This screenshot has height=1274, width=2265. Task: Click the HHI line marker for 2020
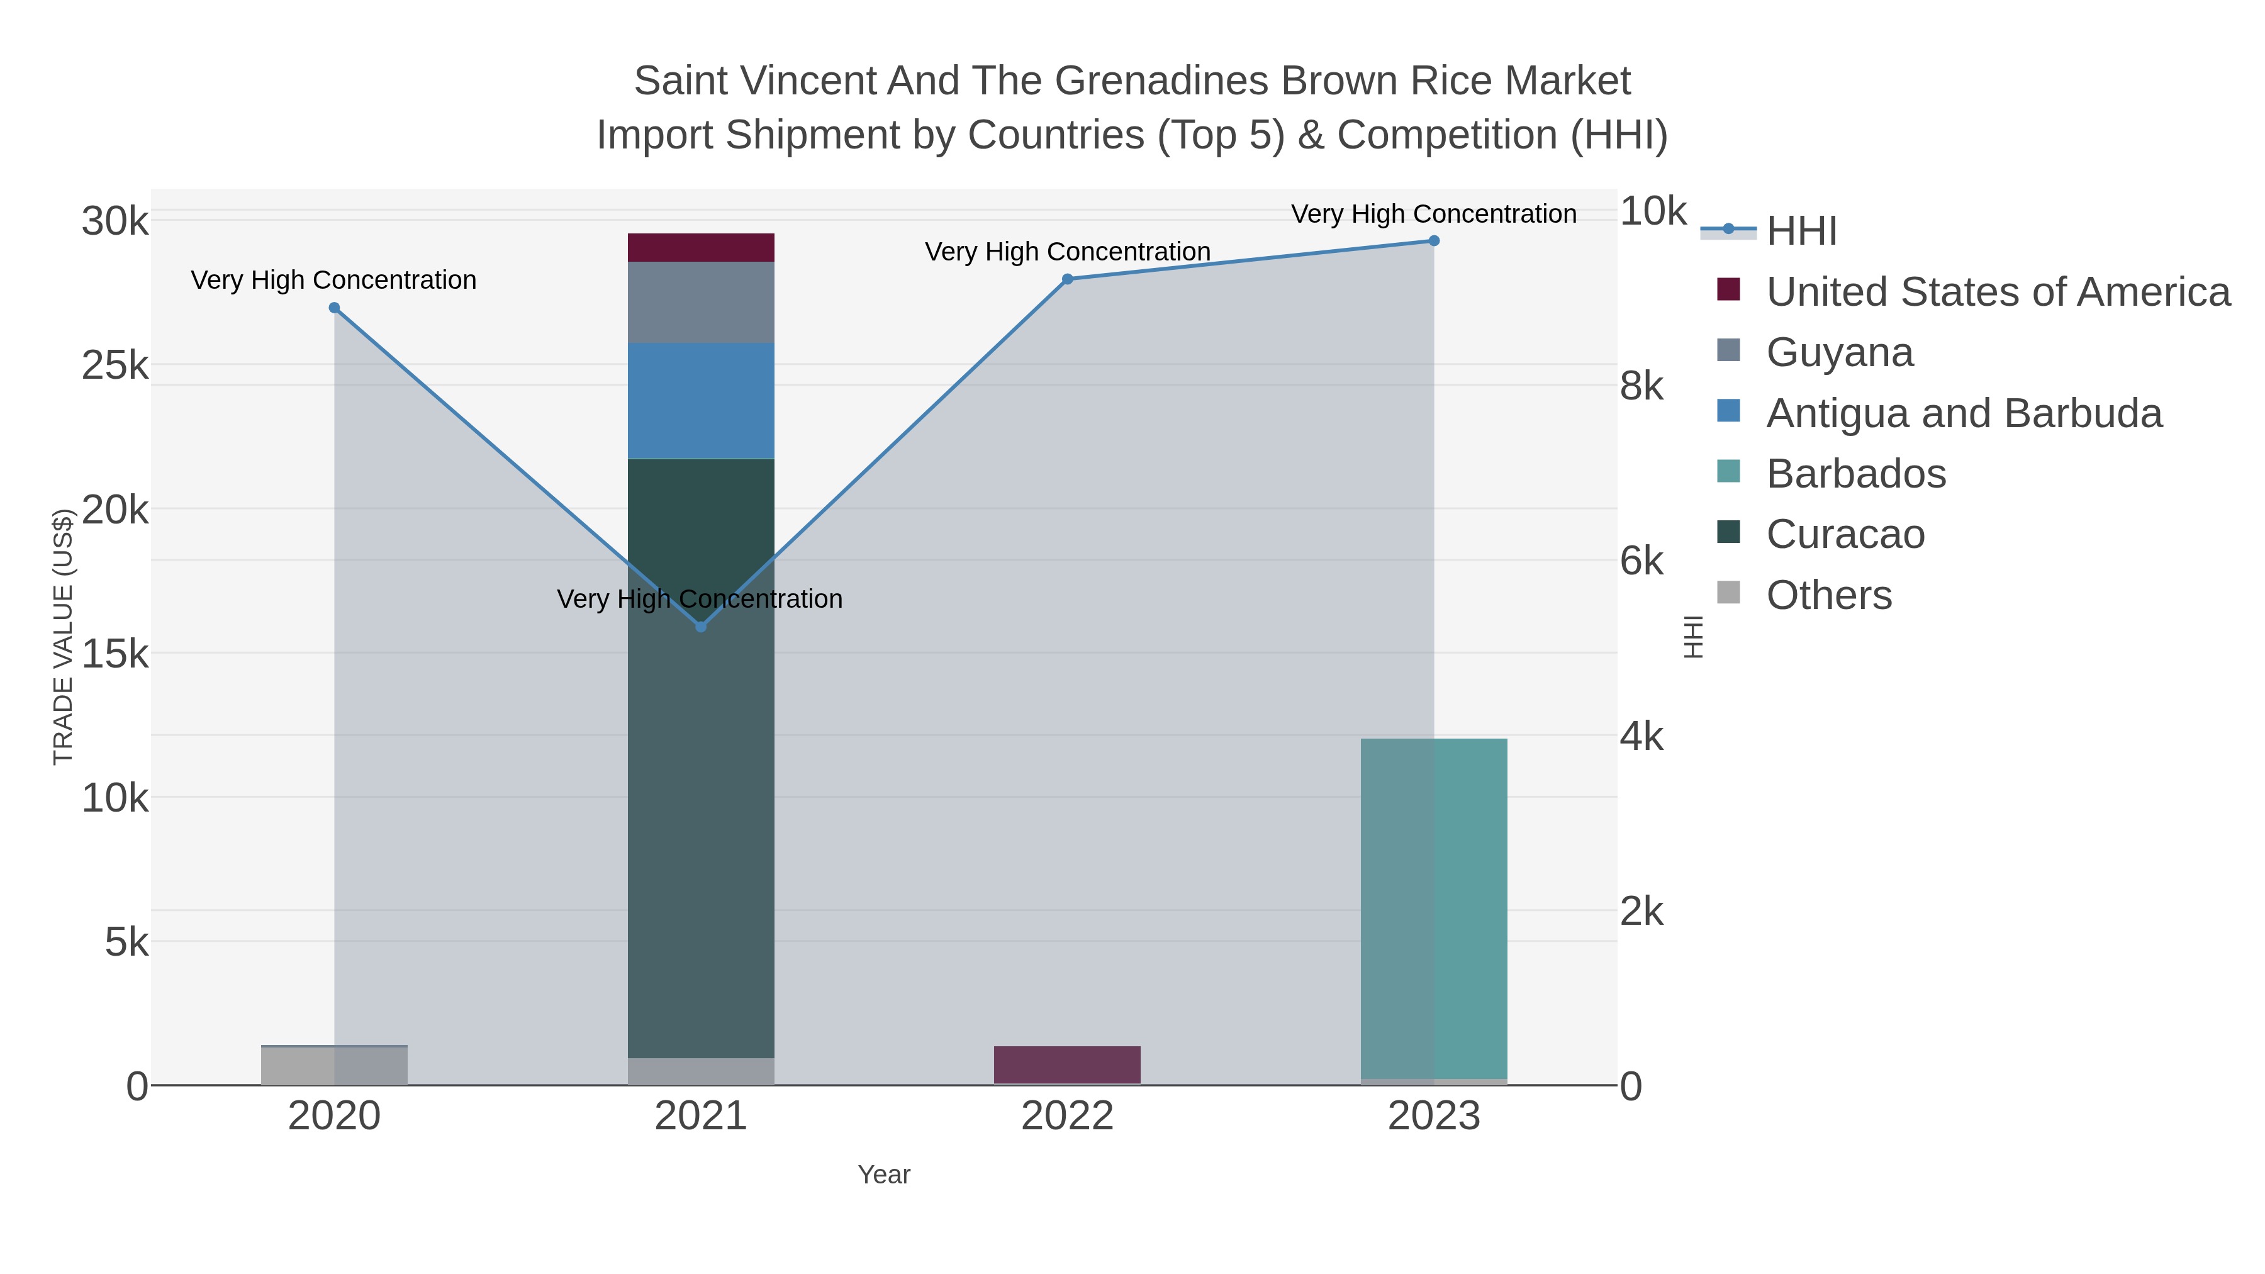point(334,308)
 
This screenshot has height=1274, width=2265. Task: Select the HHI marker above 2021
point(701,627)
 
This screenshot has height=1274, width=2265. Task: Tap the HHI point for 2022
point(1068,279)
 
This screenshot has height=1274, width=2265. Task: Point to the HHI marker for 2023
point(1434,241)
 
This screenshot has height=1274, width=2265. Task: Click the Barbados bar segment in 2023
point(1434,908)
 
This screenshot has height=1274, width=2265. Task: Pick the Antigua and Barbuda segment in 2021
point(701,401)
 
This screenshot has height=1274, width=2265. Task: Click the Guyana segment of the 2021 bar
point(701,303)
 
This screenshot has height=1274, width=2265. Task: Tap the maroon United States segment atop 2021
point(701,248)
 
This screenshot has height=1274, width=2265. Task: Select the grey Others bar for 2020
point(334,1066)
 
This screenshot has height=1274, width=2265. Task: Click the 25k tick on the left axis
point(115,366)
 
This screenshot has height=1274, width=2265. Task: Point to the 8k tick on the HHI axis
point(1641,386)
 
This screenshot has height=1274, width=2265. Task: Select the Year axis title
point(885,1175)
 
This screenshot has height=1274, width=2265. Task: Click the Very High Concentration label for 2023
point(1434,214)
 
